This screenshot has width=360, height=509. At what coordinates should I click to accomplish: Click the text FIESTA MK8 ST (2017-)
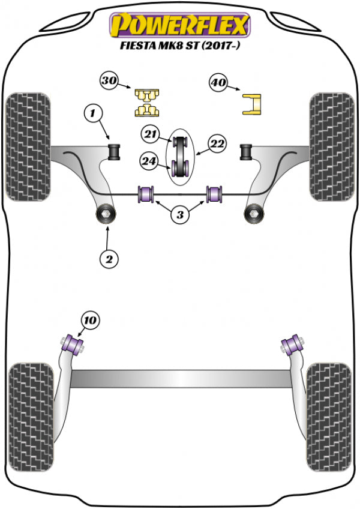point(179,45)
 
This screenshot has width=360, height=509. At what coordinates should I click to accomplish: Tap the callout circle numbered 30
point(110,80)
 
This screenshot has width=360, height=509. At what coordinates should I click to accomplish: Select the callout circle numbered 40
point(219,83)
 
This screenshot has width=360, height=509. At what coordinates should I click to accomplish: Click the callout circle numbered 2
point(109,259)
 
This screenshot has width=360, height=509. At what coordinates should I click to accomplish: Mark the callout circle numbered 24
point(149,160)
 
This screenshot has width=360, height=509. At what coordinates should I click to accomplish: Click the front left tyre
point(28,146)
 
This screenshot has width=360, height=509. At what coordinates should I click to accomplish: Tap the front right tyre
point(331,146)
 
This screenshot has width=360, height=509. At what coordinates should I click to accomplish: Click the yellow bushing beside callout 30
point(146,101)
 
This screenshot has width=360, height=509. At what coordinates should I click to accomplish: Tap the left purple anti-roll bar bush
point(146,194)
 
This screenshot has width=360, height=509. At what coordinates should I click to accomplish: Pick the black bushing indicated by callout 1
point(114,151)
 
